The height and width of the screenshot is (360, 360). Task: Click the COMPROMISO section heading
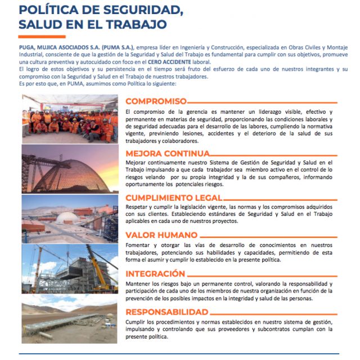tap(156, 101)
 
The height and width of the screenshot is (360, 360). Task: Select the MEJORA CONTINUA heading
tap(160, 153)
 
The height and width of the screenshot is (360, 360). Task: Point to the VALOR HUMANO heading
tap(161, 235)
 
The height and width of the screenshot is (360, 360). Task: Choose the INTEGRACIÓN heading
tap(155, 274)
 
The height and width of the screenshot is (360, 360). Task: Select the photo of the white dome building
tap(70, 218)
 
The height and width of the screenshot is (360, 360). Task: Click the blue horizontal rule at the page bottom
tap(180, 353)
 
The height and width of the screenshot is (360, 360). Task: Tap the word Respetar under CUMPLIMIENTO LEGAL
tap(138, 208)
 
